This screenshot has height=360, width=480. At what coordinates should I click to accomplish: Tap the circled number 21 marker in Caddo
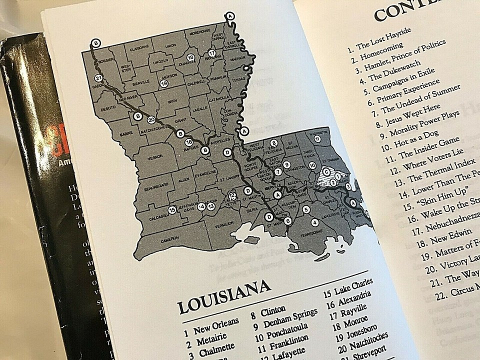pos(98,78)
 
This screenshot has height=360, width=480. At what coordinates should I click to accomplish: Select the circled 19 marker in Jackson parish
pos(163,83)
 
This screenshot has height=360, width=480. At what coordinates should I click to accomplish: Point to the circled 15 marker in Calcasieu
pos(172,210)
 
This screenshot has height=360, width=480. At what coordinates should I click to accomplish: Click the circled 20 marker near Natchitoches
pos(151,119)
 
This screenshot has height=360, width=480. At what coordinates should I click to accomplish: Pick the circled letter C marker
pos(326,171)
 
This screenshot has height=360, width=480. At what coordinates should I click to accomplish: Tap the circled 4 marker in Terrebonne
pos(314,222)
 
